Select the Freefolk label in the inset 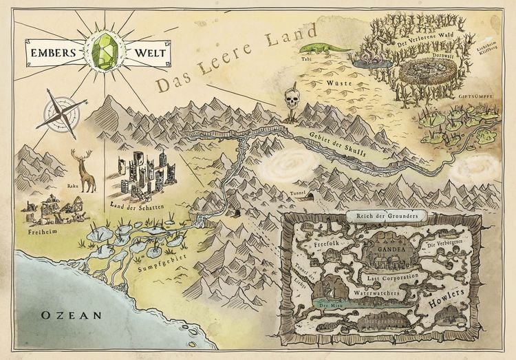(328, 244)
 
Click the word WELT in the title (149, 51)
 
